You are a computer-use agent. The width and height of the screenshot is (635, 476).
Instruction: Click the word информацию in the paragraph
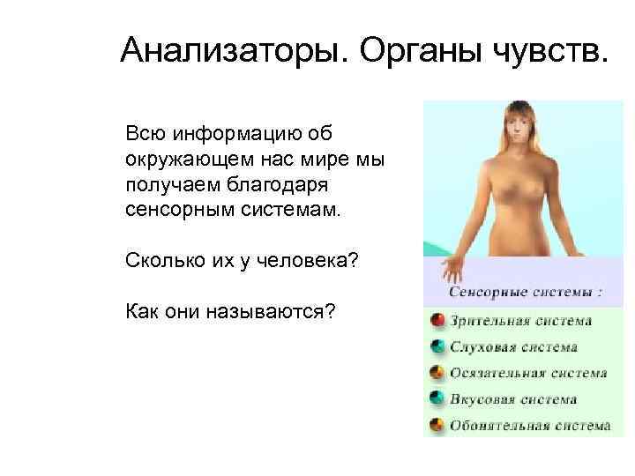point(233,132)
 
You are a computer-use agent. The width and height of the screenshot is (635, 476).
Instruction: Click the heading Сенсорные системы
point(527,292)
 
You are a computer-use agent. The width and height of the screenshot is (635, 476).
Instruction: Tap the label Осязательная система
point(528,373)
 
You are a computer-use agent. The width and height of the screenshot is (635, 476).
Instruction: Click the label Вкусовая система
point(513,399)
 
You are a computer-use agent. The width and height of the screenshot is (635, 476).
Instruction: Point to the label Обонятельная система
point(529,426)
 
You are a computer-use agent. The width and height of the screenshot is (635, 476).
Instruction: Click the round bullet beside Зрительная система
point(437,321)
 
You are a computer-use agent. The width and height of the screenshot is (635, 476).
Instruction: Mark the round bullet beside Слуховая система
point(437,347)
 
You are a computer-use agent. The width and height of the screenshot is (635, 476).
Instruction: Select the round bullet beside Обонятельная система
point(437,426)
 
